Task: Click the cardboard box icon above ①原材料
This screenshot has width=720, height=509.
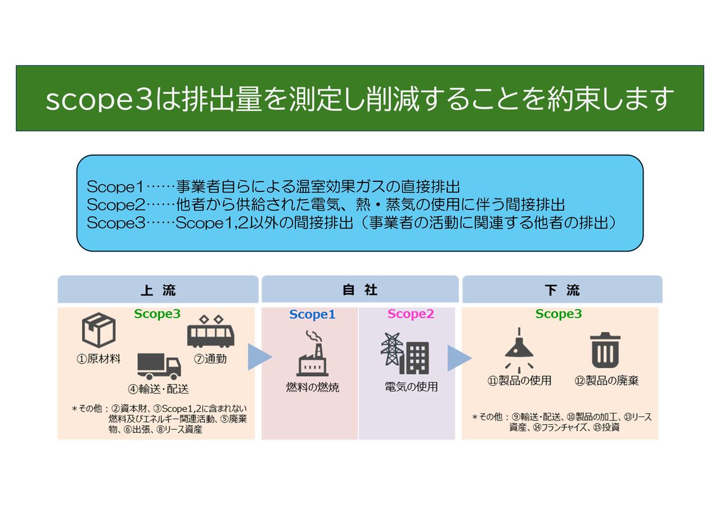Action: [x=98, y=330]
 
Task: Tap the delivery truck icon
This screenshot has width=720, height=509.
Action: [x=159, y=366]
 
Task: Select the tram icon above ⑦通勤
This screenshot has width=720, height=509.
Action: [x=211, y=332]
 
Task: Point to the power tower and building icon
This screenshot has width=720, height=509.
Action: [x=404, y=353]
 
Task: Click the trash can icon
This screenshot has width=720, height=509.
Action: [x=605, y=350]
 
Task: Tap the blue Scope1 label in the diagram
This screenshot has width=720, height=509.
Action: [x=312, y=314]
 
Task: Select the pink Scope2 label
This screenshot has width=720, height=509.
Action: [x=411, y=314]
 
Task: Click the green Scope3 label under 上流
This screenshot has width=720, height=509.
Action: [x=157, y=314]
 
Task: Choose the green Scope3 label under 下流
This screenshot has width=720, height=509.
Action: [x=559, y=314]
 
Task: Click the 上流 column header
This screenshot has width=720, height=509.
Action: [x=158, y=289]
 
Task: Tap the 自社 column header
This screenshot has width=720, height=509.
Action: [x=360, y=289]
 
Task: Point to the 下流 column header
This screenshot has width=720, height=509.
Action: [x=562, y=289]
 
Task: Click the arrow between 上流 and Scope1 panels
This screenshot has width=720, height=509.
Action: [x=259, y=357]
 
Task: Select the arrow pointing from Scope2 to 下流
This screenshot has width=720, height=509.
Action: [x=458, y=358]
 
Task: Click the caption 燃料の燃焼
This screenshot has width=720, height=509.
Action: [x=313, y=387]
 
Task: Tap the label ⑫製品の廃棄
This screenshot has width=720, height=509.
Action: [x=606, y=381]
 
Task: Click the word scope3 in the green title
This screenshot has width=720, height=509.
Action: [x=99, y=100]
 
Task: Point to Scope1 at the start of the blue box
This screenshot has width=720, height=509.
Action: [x=115, y=187]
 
